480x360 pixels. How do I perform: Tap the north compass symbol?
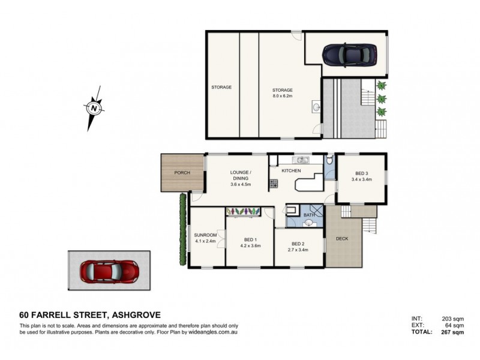[x=94, y=109]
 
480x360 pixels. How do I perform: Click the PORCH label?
[x=182, y=173]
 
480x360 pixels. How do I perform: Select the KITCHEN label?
[x=290, y=171]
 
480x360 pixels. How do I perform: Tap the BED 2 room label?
[x=298, y=244]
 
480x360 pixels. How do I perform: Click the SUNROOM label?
[x=205, y=235]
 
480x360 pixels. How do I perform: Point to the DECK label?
[x=341, y=238]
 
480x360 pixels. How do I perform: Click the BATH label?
[x=310, y=214]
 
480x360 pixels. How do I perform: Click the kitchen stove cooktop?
[x=273, y=184]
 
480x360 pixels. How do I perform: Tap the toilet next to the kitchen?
[x=329, y=160]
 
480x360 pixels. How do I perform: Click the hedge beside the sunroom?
[x=181, y=229]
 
